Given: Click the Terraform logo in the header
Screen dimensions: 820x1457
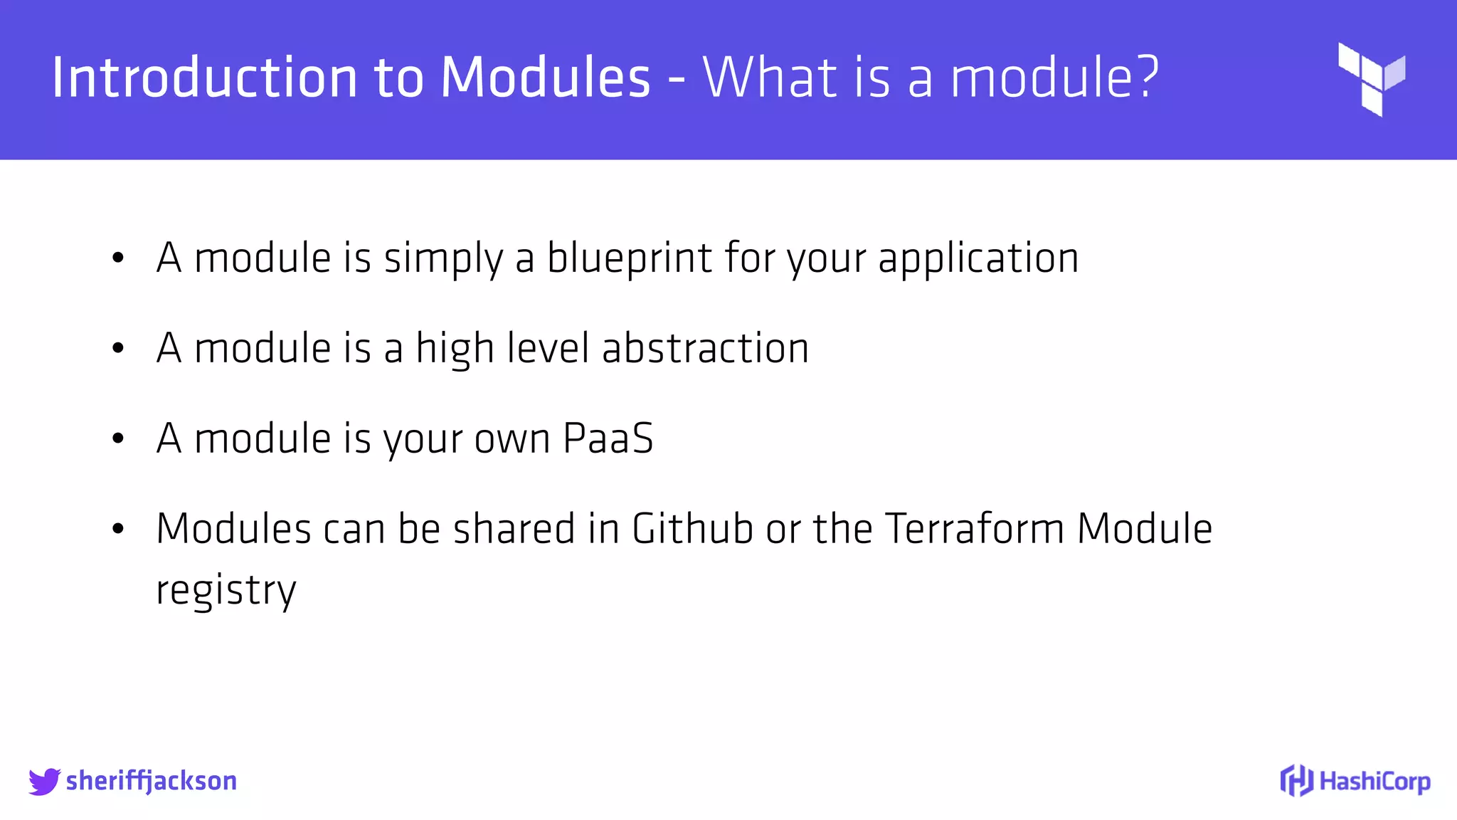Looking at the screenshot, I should (1371, 79).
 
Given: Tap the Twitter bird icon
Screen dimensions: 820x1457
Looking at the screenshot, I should (44, 782).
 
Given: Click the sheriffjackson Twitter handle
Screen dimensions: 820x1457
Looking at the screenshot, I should (151, 782).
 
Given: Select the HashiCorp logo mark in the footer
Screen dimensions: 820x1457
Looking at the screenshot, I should (1296, 781).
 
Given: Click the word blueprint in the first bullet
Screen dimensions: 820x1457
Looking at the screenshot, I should (629, 258).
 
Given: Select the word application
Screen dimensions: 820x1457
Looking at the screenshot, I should (978, 258).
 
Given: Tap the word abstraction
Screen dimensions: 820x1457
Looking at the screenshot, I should (705, 348).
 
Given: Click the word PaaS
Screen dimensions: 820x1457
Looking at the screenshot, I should (608, 438).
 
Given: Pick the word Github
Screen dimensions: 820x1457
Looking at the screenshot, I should (692, 529).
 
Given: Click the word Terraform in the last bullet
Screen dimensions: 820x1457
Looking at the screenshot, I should (975, 529).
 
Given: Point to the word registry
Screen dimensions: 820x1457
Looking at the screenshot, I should (226, 591).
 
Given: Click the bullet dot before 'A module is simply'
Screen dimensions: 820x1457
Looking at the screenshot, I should (118, 258).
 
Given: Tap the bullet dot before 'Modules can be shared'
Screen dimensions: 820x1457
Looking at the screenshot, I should (118, 530).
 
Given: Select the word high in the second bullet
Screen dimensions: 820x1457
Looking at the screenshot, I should (455, 349).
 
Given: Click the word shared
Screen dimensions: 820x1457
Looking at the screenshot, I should (514, 529).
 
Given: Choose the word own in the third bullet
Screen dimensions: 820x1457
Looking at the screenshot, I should (512, 439).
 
